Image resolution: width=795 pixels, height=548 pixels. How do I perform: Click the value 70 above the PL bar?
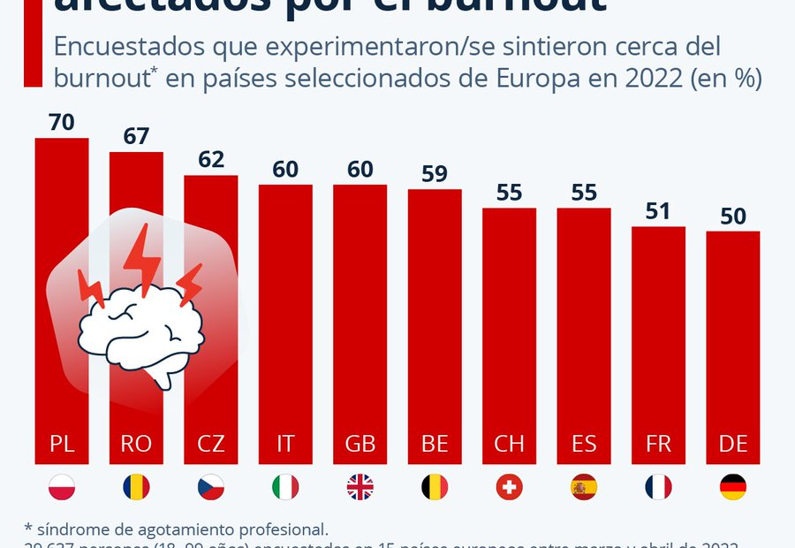(x=62, y=123)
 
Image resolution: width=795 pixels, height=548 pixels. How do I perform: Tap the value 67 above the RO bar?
(x=136, y=137)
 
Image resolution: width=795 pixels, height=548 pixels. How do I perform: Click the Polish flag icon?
(x=62, y=487)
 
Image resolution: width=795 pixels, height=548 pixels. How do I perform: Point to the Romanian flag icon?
(x=136, y=487)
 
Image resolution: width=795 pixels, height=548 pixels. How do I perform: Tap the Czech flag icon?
(x=211, y=487)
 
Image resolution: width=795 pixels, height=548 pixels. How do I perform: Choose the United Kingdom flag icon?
(x=360, y=487)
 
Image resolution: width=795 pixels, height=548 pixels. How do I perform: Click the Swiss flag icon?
(x=509, y=487)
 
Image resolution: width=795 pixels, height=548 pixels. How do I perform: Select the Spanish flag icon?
(x=583, y=487)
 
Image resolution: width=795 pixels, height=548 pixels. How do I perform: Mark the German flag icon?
(x=733, y=487)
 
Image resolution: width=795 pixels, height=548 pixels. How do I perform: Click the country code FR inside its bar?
(x=658, y=444)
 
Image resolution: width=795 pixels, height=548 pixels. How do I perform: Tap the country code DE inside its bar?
(x=733, y=444)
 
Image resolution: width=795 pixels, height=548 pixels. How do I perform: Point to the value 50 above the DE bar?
(x=733, y=217)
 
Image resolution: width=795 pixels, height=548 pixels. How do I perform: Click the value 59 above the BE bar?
(x=435, y=174)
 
